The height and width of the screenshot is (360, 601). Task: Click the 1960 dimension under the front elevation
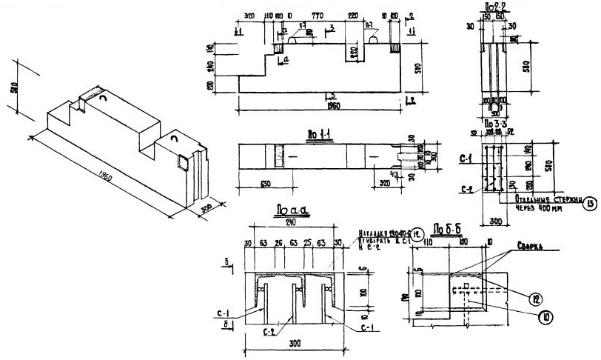pos(320,105)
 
